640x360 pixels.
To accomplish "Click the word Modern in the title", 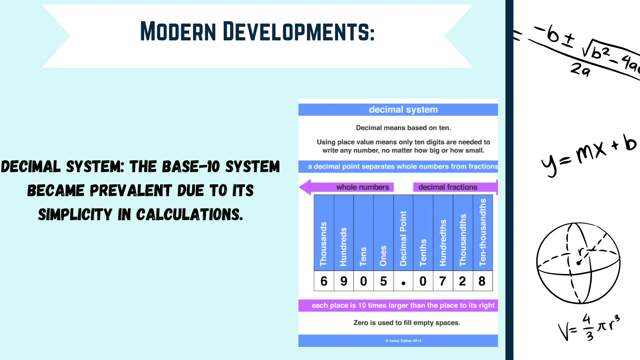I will pyautogui.click(x=178, y=32).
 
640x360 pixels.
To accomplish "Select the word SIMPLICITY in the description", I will pyautogui.click(x=75, y=215).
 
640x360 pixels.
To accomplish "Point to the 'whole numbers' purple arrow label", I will pyautogui.click(x=362, y=187).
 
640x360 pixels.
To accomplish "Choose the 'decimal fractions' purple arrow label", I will pyautogui.click(x=447, y=187).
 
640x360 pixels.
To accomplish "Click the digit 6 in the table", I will pyautogui.click(x=324, y=281).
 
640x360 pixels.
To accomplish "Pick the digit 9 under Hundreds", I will pyautogui.click(x=344, y=281).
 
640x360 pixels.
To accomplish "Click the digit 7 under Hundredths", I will pyautogui.click(x=442, y=281).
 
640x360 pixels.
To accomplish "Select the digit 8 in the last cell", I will pyautogui.click(x=482, y=281).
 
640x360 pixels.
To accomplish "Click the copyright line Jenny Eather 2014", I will pyautogui.click(x=403, y=341).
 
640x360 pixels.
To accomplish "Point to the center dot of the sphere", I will pyautogui.click(x=578, y=263).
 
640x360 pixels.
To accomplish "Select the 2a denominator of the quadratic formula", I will pyautogui.click(x=580, y=70).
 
